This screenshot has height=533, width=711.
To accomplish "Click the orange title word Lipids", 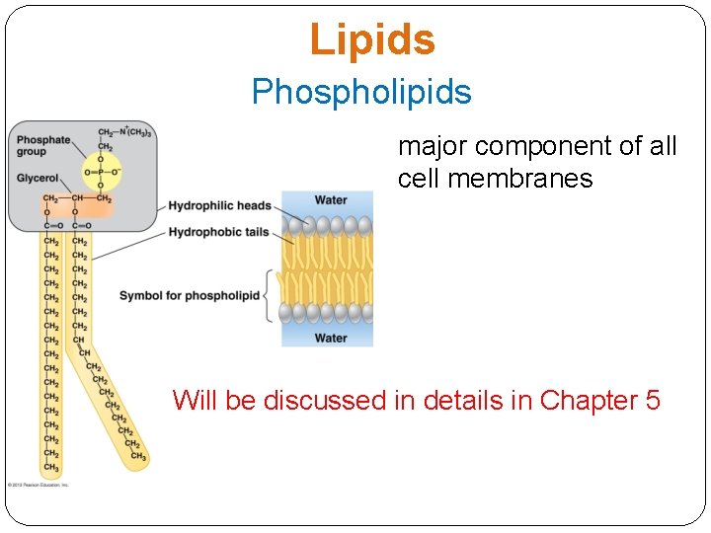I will pyautogui.click(x=371, y=40).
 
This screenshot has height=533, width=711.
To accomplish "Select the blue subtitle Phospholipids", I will pyautogui.click(x=361, y=92).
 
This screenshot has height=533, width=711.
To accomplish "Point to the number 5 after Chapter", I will pyautogui.click(x=652, y=401).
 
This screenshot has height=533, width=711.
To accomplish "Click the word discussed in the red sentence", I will pyautogui.click(x=310, y=401).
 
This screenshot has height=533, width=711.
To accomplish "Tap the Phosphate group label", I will pyautogui.click(x=43, y=146).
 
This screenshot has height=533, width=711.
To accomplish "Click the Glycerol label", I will pyautogui.click(x=38, y=179).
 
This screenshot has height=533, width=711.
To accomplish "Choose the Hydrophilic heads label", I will pyautogui.click(x=219, y=205).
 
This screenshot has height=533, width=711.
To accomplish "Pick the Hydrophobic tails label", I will pyautogui.click(x=219, y=232).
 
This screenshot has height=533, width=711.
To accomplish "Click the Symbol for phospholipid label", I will pyautogui.click(x=190, y=295).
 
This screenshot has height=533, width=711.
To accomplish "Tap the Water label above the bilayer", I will pyautogui.click(x=330, y=200).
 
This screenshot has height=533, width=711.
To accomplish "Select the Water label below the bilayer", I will pyautogui.click(x=330, y=339).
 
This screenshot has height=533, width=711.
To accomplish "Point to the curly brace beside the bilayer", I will pyautogui.click(x=269, y=295).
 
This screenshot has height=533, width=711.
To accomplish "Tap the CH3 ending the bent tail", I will pyautogui.click(x=138, y=457).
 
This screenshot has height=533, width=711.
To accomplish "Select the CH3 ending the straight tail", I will pyautogui.click(x=51, y=468).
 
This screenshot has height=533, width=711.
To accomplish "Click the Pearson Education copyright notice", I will pyautogui.click(x=39, y=485).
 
